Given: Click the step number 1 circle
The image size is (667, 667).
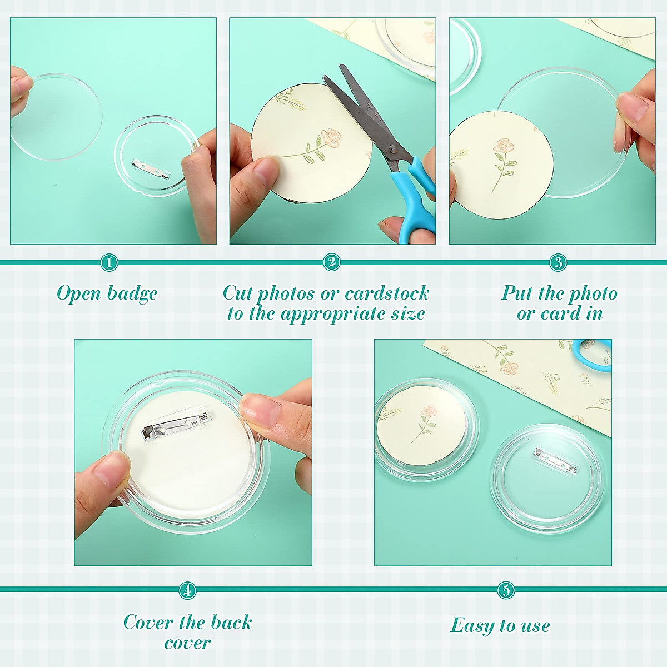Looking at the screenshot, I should tap(109, 262).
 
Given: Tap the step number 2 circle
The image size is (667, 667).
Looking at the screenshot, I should tap(332, 262).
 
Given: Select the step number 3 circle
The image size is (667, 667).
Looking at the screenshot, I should tap(558, 262).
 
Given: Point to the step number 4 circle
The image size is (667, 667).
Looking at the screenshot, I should tap(188, 590).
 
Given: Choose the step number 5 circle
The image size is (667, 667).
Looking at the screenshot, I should tap(506, 590).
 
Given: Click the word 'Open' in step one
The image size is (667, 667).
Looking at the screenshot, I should tap(79, 293).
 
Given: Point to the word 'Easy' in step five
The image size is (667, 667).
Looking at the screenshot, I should tap(472, 625).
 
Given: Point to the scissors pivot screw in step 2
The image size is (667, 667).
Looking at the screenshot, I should tap(392, 149).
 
